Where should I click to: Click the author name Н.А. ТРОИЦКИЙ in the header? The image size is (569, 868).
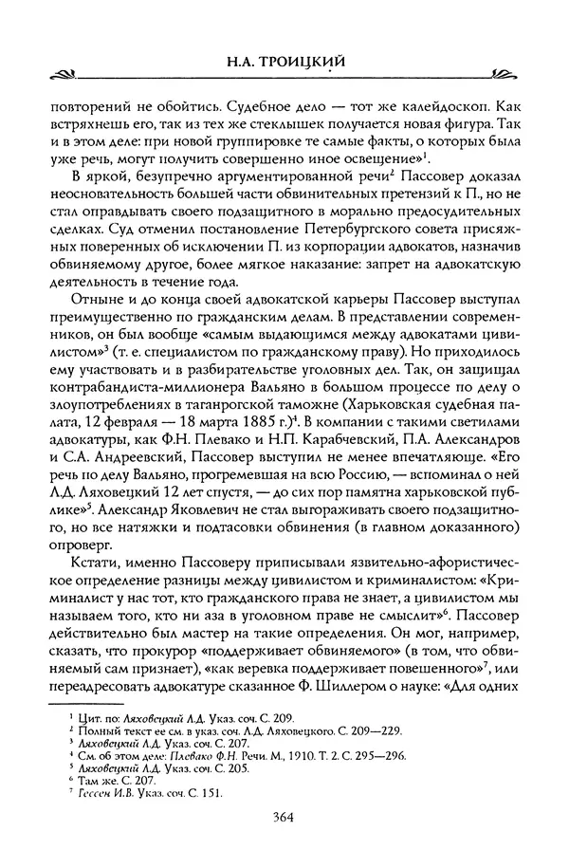pyautogui.click(x=284, y=62)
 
